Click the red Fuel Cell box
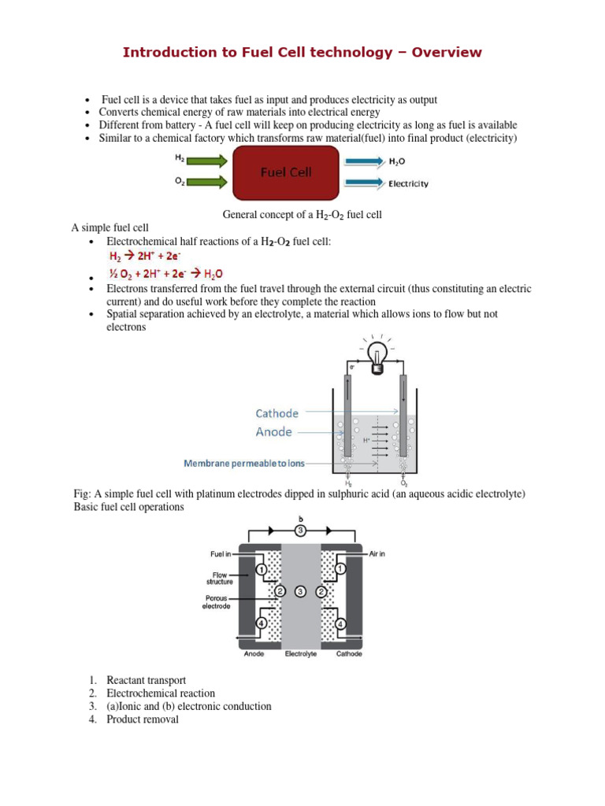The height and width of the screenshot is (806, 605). coord(286,172)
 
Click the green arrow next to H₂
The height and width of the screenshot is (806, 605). coord(207,161)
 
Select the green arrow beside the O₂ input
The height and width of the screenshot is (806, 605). coord(207,183)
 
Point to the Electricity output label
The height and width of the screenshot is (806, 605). coord(408,184)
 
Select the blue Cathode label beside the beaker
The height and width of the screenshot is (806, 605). coord(277,413)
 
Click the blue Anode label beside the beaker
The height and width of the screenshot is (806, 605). coord(273,431)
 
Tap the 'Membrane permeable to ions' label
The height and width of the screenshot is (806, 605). coord(243,464)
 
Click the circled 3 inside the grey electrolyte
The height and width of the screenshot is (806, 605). coord(300,591)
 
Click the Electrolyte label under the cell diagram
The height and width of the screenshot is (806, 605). coord(300,653)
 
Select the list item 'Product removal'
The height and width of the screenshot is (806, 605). coord(143,719)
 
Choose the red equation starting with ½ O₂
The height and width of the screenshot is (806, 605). coord(165,274)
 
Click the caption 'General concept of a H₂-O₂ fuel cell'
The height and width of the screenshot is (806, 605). coord(302,215)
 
